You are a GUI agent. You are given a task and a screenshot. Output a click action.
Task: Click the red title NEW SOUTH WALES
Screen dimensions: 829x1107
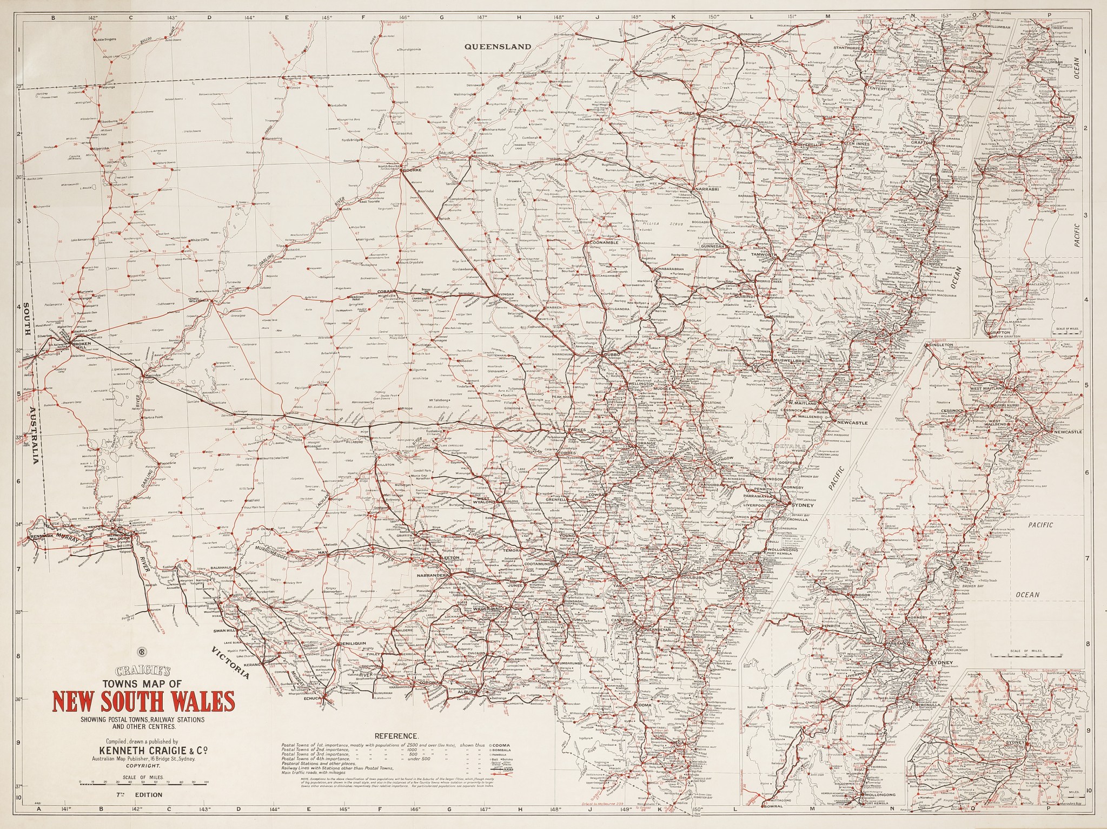coord(144,702)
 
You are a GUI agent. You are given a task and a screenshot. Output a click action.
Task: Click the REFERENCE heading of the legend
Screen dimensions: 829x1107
coord(396,736)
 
